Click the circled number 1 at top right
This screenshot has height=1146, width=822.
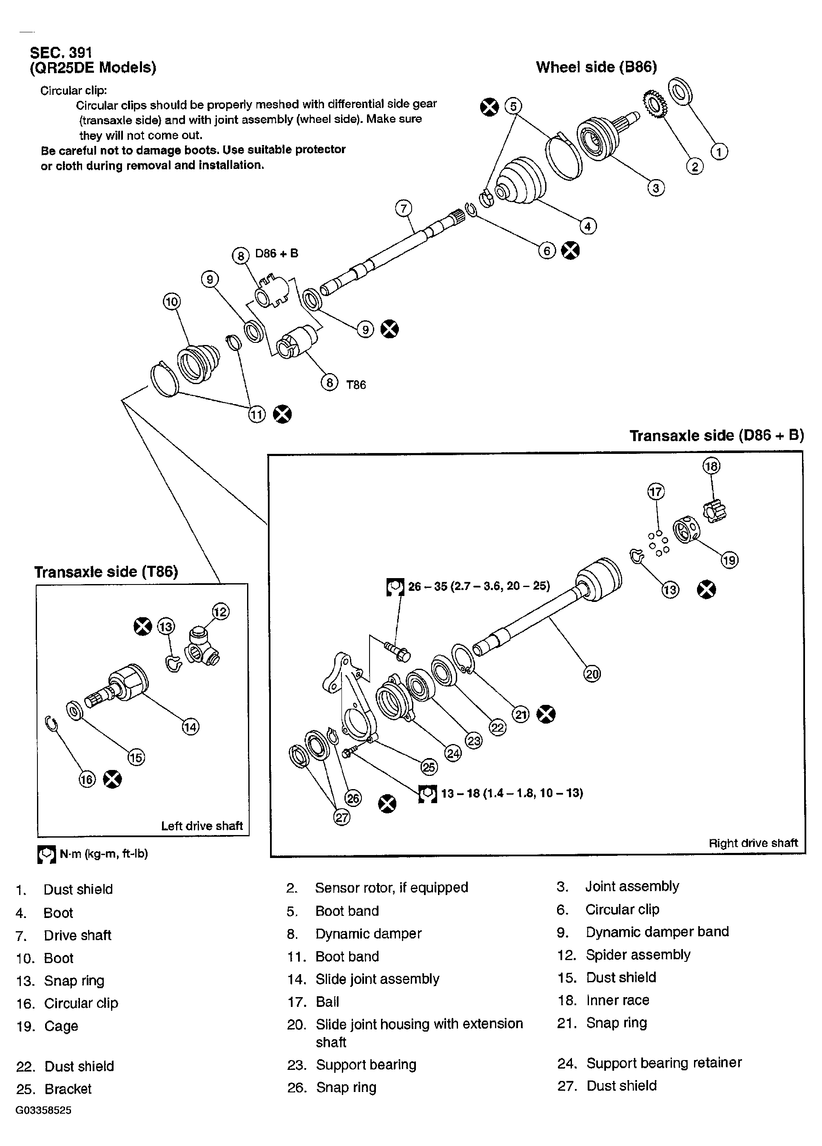[x=719, y=151]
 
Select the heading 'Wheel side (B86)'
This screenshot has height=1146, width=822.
[x=596, y=67]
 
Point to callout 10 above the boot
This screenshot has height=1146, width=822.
[x=171, y=302]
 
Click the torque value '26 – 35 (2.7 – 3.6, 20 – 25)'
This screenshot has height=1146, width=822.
[x=478, y=586]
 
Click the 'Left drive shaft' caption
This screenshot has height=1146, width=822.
[x=202, y=826]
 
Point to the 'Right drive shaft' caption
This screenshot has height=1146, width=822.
[x=753, y=843]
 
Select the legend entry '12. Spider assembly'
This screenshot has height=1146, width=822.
[x=624, y=955]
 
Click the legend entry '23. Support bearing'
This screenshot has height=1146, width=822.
[x=352, y=1065]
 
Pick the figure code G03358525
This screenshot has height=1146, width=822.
[x=43, y=1110]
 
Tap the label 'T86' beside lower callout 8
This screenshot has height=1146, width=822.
[x=356, y=385]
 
